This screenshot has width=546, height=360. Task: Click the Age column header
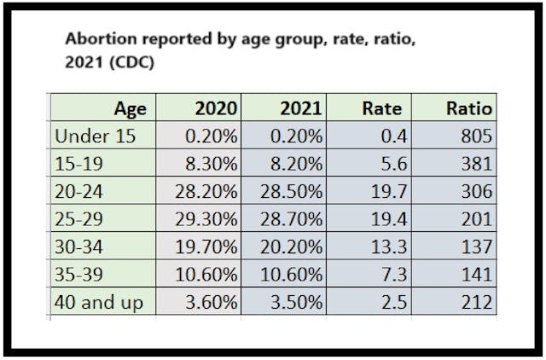point(130,109)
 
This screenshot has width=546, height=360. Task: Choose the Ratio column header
point(468,109)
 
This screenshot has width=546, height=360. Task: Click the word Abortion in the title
point(93,40)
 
